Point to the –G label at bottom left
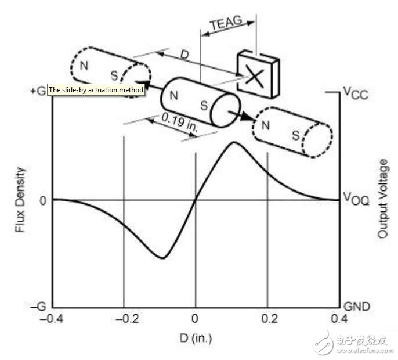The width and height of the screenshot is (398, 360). point(38,306)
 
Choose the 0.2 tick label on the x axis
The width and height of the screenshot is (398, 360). point(267,319)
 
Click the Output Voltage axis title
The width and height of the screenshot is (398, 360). point(382,199)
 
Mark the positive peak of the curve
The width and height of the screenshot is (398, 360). point(233,142)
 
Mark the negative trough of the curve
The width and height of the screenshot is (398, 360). point(164,258)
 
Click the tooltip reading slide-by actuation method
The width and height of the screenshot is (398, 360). point(96,90)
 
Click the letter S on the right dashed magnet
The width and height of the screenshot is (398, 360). point(296,136)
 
